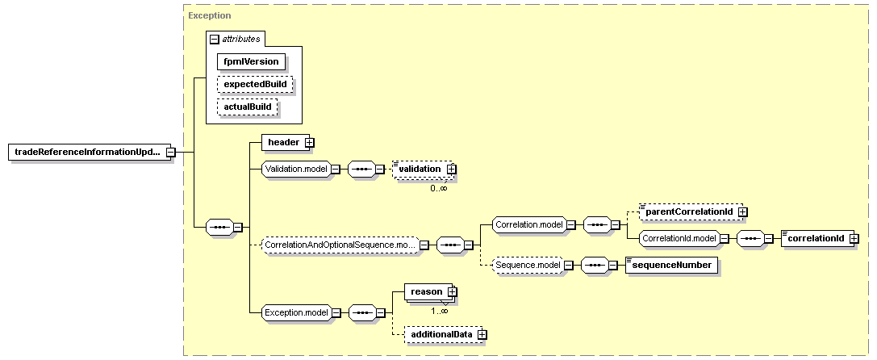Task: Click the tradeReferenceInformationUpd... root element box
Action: [x=90, y=153]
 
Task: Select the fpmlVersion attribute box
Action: [x=251, y=61]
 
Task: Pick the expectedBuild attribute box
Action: [x=255, y=85]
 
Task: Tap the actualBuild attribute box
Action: [x=247, y=107]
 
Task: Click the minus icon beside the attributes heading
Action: [x=214, y=40]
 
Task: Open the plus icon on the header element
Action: [x=309, y=143]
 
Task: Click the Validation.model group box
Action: [x=296, y=169]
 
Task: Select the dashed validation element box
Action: [x=420, y=169]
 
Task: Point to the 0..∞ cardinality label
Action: [x=439, y=188]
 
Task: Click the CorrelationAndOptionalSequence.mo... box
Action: [x=340, y=245]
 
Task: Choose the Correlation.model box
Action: [x=528, y=225]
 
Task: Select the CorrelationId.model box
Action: [x=679, y=238]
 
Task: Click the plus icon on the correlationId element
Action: [x=854, y=238]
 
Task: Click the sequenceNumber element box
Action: [x=671, y=266]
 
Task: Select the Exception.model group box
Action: [x=296, y=313]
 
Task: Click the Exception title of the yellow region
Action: [x=210, y=15]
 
